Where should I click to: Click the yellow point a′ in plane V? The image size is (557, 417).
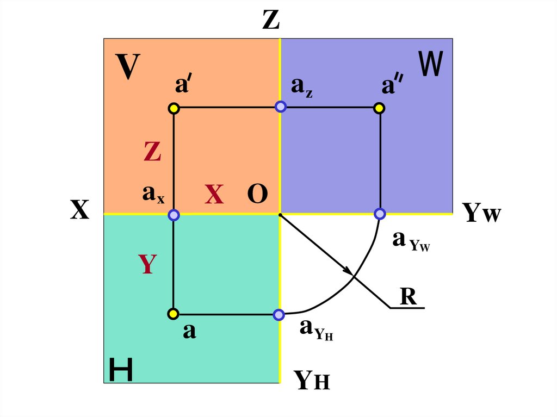(174, 108)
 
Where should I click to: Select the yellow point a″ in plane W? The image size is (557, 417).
(380, 108)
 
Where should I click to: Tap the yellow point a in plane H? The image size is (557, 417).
(173, 314)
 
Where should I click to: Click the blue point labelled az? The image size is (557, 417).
(280, 107)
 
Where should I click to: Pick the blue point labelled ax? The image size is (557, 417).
(174, 215)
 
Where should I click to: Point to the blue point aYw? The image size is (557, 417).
(380, 214)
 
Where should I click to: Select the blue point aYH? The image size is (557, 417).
(278, 314)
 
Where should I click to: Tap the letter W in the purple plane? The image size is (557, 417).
(431, 64)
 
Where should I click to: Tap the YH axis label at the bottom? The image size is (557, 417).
(312, 380)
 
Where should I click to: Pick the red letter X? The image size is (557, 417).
(214, 195)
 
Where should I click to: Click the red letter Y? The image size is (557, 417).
(147, 264)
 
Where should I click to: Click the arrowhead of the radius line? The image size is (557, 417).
(346, 270)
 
